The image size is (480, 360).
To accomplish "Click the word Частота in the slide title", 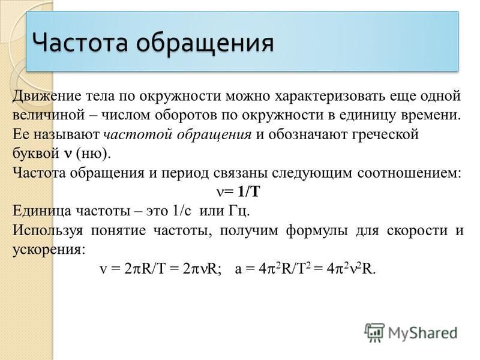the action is (80, 42).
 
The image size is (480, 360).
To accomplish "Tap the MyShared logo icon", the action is (374, 332).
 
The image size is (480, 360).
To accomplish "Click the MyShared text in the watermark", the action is (423, 334).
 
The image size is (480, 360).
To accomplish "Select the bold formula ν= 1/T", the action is (238, 192).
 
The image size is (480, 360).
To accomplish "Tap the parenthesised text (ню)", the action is (93, 154).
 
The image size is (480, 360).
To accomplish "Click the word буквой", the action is (36, 153).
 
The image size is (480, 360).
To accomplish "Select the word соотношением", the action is (409, 173).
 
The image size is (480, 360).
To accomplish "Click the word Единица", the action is (41, 211).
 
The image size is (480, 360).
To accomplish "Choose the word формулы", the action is (317, 230).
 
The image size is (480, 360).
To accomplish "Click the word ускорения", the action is (49, 250).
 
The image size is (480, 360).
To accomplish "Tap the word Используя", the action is (48, 230).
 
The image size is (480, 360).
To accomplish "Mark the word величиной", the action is (49, 116).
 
